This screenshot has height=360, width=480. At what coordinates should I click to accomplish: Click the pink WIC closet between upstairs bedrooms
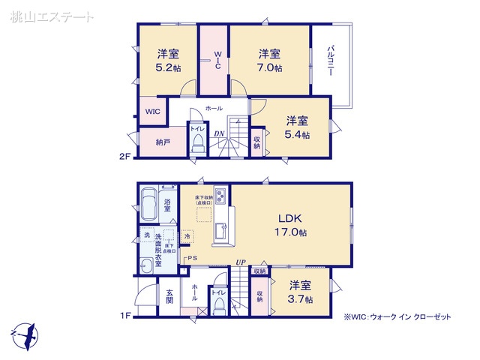[x=214, y=60]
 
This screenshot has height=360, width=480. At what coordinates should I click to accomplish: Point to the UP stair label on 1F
[x=240, y=262]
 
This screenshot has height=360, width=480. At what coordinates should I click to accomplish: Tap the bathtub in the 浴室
[x=148, y=205]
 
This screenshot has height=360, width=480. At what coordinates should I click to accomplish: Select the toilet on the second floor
[x=197, y=144]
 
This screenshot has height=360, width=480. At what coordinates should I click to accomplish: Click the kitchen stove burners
[x=221, y=196]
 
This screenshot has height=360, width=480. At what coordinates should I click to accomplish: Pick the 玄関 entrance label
[x=169, y=297]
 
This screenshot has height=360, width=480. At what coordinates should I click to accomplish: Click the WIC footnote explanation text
[x=397, y=317]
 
